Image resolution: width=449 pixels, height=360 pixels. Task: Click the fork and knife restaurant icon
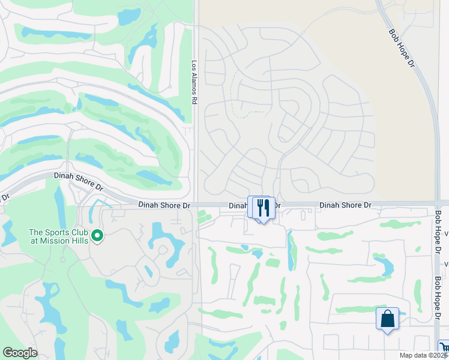(264, 208)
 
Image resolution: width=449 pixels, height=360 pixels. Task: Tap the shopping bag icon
(387, 317)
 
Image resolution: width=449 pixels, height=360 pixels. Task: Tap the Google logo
(20, 353)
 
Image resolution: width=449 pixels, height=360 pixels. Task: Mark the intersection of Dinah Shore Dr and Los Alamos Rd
(196, 205)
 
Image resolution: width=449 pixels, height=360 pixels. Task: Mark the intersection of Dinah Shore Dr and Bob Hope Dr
(437, 204)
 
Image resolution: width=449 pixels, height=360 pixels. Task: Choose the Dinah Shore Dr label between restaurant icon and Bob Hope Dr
(345, 205)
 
